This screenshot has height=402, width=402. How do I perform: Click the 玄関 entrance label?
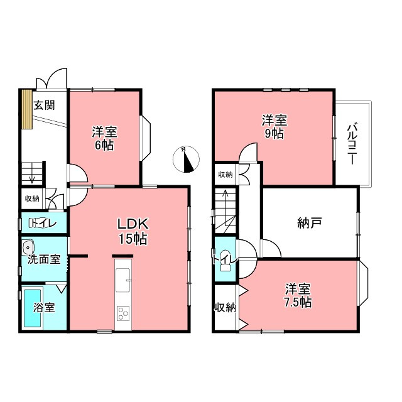45,105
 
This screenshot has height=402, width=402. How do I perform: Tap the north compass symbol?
186,160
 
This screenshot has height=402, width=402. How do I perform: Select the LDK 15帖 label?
133,232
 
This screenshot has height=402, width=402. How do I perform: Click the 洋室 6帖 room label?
104,138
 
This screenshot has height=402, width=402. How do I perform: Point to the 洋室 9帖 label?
274,127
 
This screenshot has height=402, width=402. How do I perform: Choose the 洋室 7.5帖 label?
298,296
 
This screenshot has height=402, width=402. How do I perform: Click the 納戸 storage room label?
310,223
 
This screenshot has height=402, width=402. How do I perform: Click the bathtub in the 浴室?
33,308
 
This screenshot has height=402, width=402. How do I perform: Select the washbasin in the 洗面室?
28,247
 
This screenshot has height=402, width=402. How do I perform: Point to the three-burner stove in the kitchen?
123,313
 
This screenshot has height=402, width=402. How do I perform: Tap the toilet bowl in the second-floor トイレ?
225,259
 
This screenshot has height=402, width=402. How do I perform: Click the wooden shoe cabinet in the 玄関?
26,109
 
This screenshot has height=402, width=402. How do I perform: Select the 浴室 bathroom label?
44,308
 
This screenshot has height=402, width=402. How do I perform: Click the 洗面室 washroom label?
44,259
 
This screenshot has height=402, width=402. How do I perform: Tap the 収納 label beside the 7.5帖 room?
225,307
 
